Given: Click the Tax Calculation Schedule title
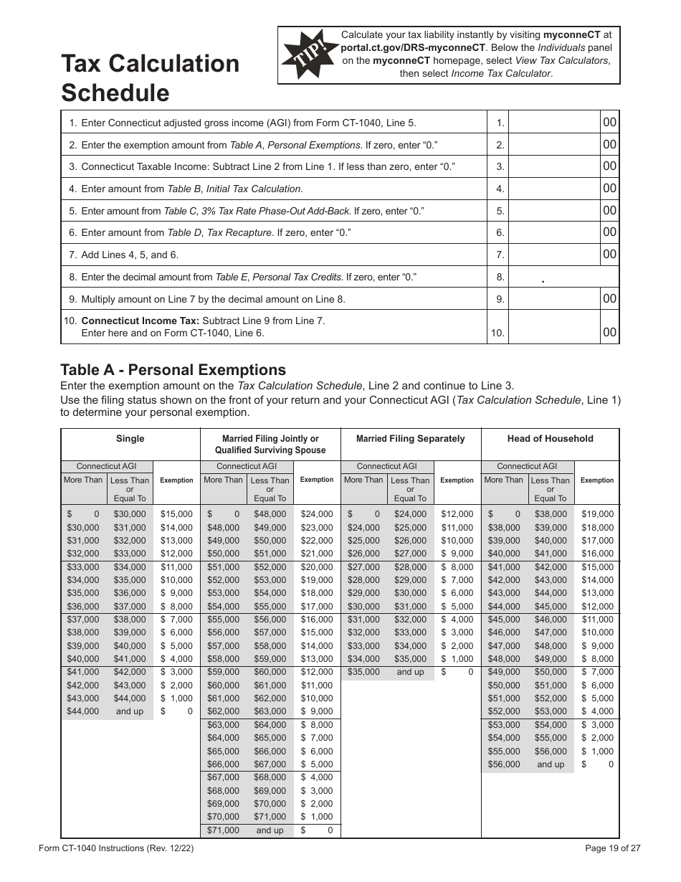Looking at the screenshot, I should click(x=150, y=78).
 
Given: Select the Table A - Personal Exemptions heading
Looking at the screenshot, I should click(x=173, y=370).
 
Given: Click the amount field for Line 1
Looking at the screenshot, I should click(x=556, y=123).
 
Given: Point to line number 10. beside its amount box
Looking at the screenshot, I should click(x=498, y=333).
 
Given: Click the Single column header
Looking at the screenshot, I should click(x=130, y=439).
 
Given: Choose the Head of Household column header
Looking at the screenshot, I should click(x=550, y=439).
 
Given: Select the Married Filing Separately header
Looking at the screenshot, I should click(x=410, y=439).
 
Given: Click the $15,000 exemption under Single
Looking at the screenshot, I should click(x=176, y=514).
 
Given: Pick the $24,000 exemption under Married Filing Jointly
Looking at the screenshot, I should click(x=316, y=514).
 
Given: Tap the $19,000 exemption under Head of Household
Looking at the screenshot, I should click(x=597, y=514).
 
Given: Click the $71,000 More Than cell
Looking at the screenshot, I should click(x=223, y=830).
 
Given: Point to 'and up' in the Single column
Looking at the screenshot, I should click(x=129, y=711).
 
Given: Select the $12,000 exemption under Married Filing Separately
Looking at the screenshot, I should click(x=457, y=514).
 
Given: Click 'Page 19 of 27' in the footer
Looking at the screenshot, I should click(x=612, y=848).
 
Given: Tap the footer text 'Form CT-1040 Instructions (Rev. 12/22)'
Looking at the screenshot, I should click(x=116, y=848).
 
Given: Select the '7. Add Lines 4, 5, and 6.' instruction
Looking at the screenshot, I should click(x=123, y=255).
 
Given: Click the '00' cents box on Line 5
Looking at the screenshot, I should click(x=609, y=211).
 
